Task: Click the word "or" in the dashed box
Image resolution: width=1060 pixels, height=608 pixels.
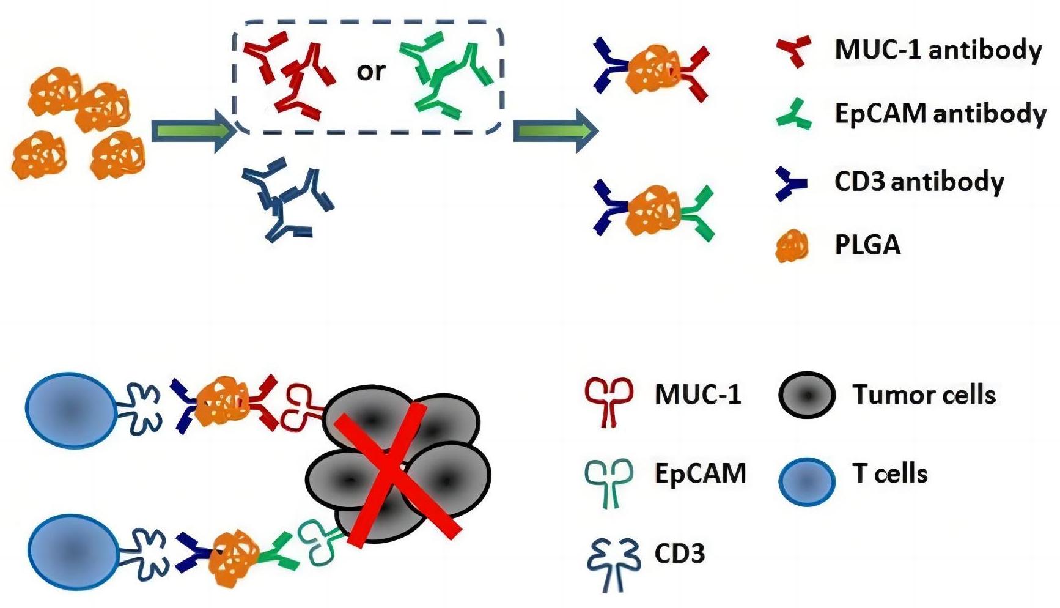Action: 370,72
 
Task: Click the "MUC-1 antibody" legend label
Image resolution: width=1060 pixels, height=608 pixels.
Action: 938,50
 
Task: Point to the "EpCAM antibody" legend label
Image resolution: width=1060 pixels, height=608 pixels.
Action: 940,114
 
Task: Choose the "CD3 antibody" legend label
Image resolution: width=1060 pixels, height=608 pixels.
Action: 919,182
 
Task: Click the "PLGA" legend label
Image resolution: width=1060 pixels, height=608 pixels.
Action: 867,245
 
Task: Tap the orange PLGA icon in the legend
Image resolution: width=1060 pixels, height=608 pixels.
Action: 792,247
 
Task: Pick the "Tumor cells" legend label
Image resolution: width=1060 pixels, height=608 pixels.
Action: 924,395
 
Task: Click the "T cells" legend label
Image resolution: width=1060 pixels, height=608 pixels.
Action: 889,474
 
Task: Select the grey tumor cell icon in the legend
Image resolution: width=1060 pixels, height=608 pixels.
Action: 807,396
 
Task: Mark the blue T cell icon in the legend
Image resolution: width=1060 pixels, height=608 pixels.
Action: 807,481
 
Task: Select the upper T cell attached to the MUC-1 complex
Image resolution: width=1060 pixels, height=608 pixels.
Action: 70,410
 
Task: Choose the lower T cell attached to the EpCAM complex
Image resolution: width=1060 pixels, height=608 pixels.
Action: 73,552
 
